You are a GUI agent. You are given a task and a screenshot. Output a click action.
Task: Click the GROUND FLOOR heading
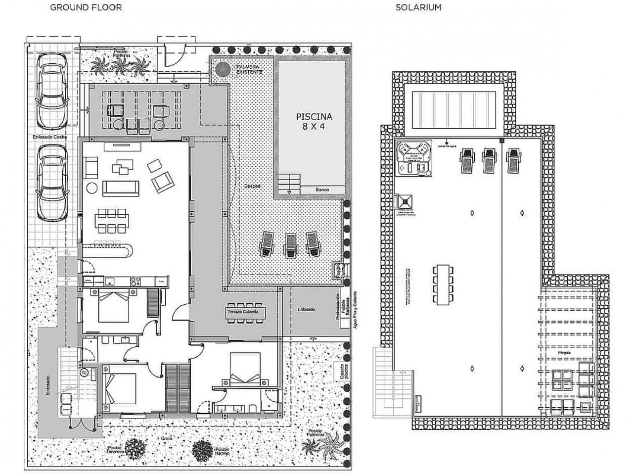tap(86, 7)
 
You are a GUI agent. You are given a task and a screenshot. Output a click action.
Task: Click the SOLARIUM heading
tap(418, 7)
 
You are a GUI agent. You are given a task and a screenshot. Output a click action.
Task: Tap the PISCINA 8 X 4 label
tap(314, 121)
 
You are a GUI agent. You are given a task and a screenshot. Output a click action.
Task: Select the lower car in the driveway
tap(52, 183)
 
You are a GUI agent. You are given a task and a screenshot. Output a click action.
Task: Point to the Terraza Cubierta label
tap(246, 313)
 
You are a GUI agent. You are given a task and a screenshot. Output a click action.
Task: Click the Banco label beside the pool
tap(322, 190)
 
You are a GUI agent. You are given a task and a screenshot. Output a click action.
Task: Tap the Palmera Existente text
tap(249, 69)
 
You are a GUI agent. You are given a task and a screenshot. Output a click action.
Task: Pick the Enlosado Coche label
tap(50, 137)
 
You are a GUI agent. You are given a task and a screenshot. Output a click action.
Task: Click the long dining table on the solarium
tap(443, 285)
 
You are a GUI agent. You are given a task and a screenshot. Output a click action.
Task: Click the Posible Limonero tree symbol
tap(135, 449)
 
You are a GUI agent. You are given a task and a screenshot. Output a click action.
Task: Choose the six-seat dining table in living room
tap(111, 221)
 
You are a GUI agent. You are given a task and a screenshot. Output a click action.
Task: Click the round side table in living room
tap(92, 189)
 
